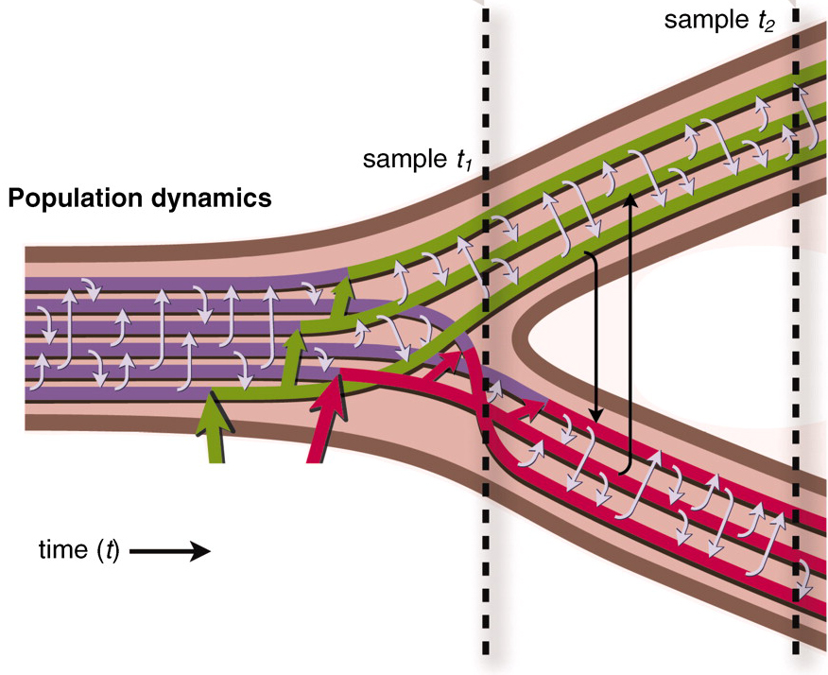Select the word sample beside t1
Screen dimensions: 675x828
[402, 159]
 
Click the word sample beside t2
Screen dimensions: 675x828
[702, 20]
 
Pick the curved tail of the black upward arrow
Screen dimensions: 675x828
[625, 471]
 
